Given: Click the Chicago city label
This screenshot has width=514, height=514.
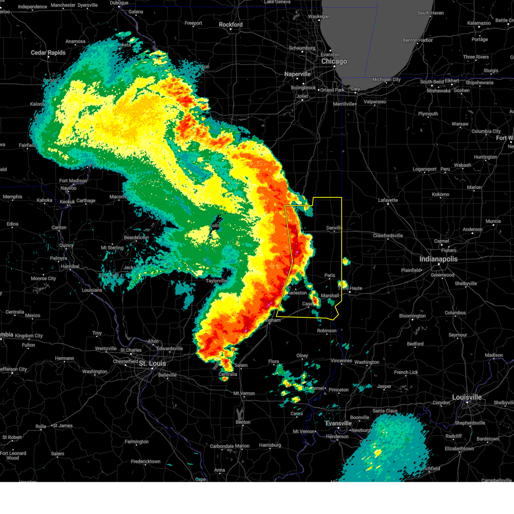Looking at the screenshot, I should [334, 61].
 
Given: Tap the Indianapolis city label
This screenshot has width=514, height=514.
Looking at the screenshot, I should [438, 259].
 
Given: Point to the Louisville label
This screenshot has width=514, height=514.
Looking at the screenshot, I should [467, 397].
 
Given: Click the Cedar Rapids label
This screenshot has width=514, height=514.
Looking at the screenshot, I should [48, 53].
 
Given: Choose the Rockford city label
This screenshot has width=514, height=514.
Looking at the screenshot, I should [230, 25].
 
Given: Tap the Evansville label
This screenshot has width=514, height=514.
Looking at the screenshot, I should [338, 423].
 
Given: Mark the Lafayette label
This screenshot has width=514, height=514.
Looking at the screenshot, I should [388, 200].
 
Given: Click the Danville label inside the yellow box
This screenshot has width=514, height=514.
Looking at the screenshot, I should [334, 228].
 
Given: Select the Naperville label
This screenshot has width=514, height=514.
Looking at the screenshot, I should [297, 74].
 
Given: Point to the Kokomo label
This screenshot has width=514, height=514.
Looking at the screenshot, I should [440, 194].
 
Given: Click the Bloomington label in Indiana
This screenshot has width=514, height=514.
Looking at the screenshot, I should [412, 316].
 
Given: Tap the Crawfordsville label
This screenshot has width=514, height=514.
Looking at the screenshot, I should [388, 236].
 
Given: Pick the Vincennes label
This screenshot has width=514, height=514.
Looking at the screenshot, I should [341, 361].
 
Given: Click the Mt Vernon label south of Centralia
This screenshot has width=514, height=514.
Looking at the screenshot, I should [244, 393].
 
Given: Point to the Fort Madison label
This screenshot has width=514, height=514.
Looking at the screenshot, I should [73, 181].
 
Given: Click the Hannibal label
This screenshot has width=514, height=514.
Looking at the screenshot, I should [70, 266].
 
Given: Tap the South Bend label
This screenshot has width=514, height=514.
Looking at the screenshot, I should [432, 81].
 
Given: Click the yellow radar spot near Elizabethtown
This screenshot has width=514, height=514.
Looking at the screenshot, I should [377, 452].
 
